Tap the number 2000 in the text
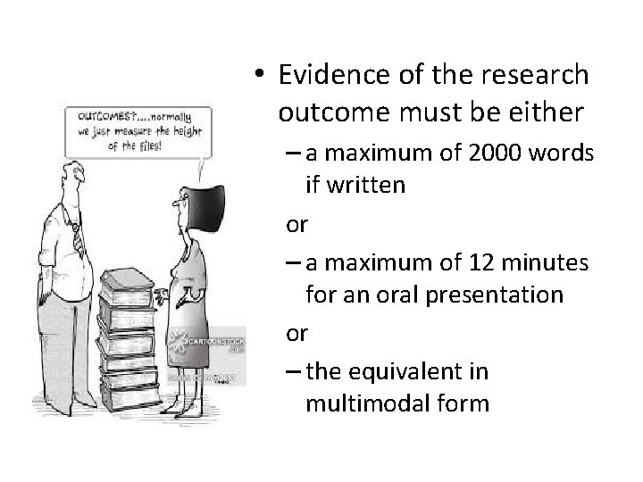tap(483, 154)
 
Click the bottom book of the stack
tap(134, 387)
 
